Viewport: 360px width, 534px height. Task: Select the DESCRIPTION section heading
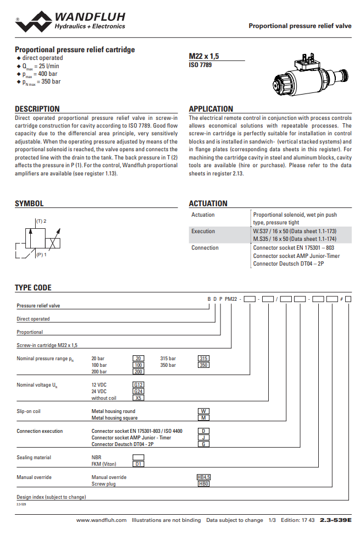point(37,109)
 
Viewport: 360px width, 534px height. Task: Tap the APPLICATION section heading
point(211,109)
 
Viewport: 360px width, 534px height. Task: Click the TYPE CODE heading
point(33,288)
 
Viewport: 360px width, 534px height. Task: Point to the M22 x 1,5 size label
point(204,57)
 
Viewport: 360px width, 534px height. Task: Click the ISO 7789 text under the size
point(200,65)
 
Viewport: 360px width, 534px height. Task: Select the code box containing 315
point(203,359)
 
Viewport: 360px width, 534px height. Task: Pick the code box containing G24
point(139,392)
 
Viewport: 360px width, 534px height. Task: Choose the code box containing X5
point(139,398)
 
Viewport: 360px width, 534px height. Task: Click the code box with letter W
point(203,411)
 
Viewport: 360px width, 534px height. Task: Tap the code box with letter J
point(203,438)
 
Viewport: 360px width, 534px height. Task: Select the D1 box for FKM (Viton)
point(139,464)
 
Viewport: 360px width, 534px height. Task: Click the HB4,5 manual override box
point(204,477)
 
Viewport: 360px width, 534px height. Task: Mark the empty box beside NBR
point(139,458)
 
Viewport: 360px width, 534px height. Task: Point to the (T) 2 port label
point(41,221)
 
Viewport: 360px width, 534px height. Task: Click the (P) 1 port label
point(41,255)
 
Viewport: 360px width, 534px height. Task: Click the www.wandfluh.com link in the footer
point(101,520)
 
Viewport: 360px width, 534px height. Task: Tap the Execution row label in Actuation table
point(203,232)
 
